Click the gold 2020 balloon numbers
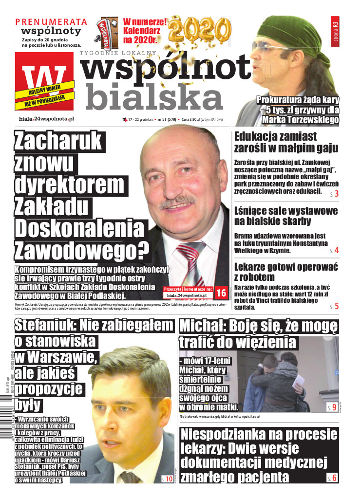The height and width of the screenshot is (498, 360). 201,30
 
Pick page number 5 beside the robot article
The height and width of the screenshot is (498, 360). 336,306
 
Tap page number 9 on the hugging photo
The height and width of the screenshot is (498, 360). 333,407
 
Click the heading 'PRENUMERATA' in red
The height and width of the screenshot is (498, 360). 52,22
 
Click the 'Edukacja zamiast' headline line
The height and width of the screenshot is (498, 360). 275,137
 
